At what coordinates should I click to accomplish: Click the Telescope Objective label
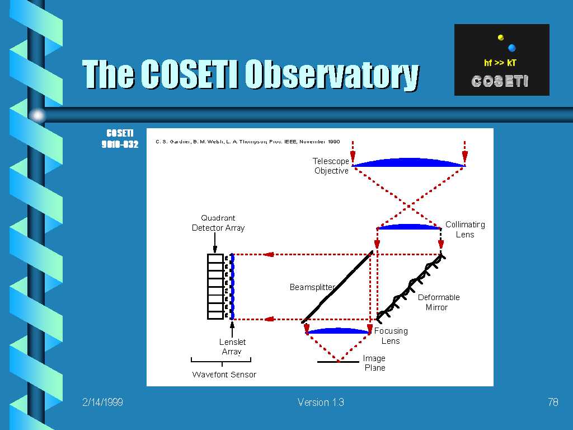click(x=331, y=166)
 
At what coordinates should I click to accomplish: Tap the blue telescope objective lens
click(x=408, y=163)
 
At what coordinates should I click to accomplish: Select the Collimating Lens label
click(x=465, y=229)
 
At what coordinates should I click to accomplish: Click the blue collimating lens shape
click(x=408, y=227)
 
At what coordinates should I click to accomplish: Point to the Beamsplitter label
click(x=312, y=287)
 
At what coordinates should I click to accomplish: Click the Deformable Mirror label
click(x=439, y=302)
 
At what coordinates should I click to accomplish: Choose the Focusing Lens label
click(x=391, y=336)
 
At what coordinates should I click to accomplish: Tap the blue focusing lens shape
click(x=338, y=331)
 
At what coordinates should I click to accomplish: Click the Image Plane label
click(x=374, y=363)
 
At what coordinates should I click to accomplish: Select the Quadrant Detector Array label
click(x=218, y=223)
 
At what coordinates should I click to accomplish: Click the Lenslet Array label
click(x=232, y=347)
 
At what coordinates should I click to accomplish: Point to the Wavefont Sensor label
click(x=224, y=375)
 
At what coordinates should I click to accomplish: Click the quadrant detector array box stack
click(x=215, y=286)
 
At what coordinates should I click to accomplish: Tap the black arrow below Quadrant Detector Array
click(x=215, y=242)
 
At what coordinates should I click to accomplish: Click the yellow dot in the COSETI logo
click(x=501, y=38)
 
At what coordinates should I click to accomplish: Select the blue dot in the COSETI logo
click(x=511, y=48)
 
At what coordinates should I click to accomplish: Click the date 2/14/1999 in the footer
click(x=102, y=402)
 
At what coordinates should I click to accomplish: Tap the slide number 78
click(x=553, y=402)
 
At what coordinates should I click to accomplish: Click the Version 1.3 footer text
click(x=321, y=402)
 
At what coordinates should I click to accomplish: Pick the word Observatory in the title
click(x=332, y=74)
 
